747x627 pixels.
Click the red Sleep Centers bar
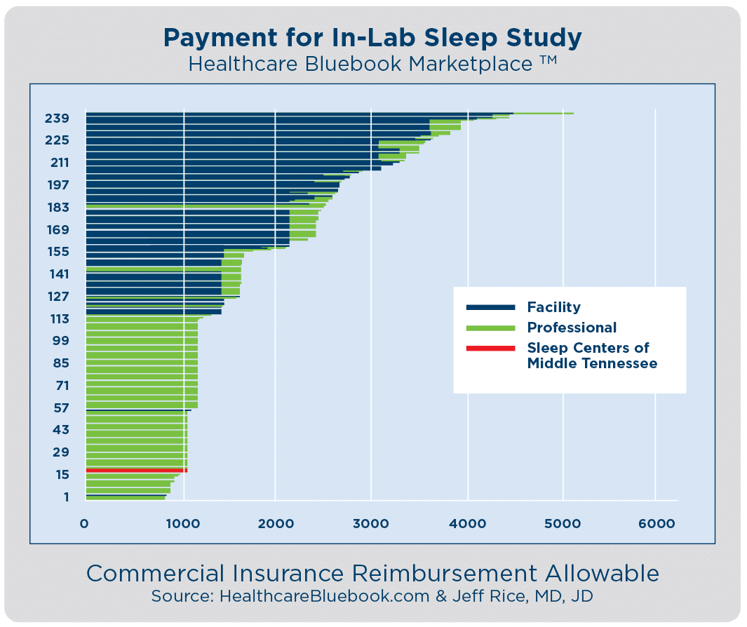coord(136,470)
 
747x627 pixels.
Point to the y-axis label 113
coord(60,319)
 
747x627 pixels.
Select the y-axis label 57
coord(61,408)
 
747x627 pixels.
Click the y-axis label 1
coord(66,497)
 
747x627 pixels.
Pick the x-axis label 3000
coord(371,522)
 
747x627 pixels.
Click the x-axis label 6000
coord(656,522)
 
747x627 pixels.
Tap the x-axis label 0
coord(84,522)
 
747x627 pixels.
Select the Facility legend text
coord(553,307)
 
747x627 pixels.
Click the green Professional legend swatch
coord(491,328)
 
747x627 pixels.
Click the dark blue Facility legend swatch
coord(491,307)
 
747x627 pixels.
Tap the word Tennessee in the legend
coord(623,364)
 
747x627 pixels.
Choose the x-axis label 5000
coord(563,522)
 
